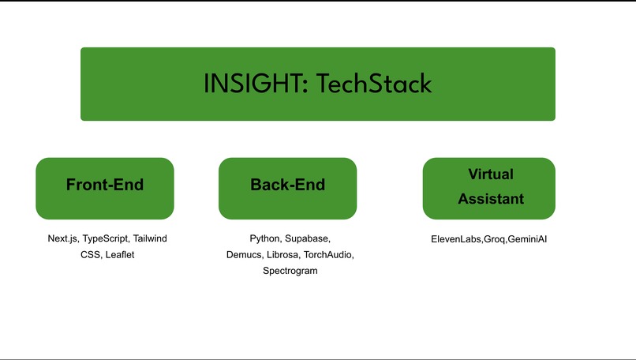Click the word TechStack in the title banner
click(x=374, y=84)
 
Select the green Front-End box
click(x=105, y=188)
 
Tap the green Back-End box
click(x=287, y=188)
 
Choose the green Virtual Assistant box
click(x=489, y=188)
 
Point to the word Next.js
click(x=63, y=238)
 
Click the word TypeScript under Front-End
click(x=106, y=238)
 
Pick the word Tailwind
click(x=150, y=238)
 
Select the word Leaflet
click(x=120, y=255)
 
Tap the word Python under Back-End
click(x=266, y=238)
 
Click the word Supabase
click(x=308, y=238)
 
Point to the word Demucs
click(x=244, y=255)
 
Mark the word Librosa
click(x=282, y=255)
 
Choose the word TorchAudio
click(x=329, y=255)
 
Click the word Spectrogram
click(x=290, y=271)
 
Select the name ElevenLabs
click(x=455, y=239)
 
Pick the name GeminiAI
click(x=527, y=239)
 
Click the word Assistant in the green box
click(x=490, y=199)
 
